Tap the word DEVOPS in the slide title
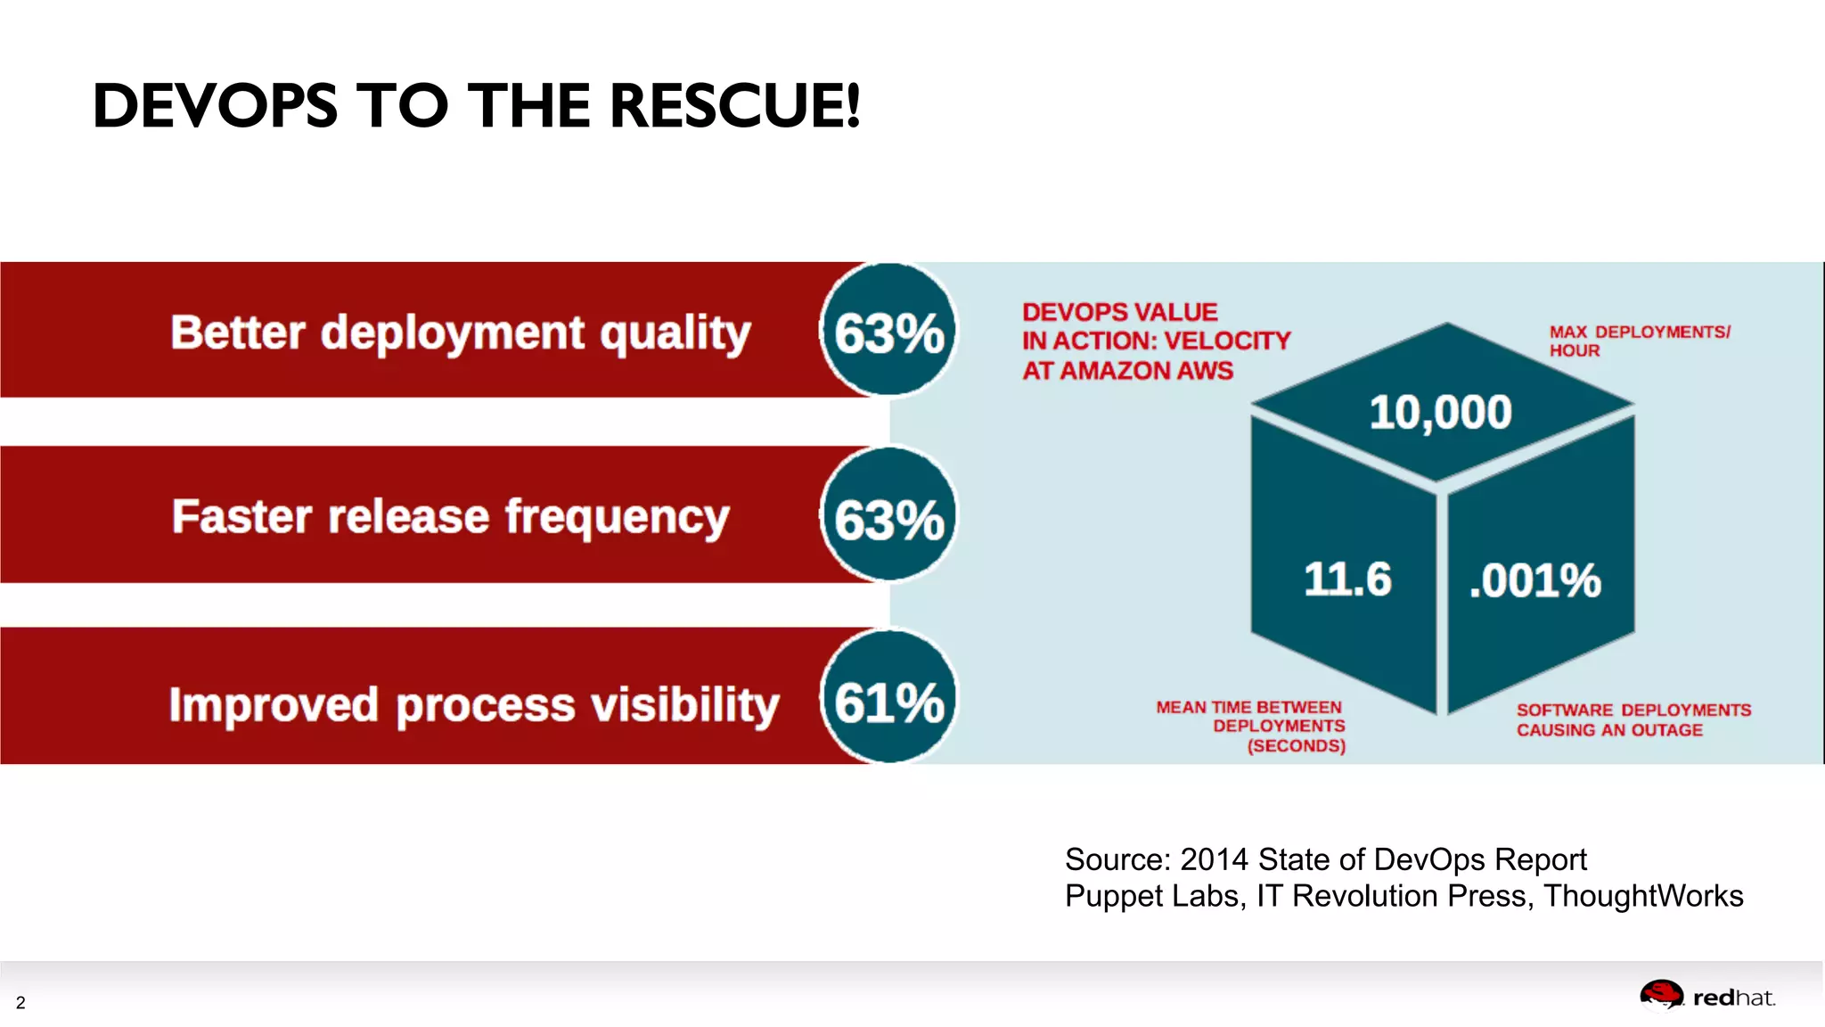coord(215,106)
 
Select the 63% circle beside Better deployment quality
coord(888,332)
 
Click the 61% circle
coord(888,701)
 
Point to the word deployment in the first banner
coord(453,333)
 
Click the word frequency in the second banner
coord(617,518)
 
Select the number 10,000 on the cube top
coord(1440,413)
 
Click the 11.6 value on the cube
coord(1346,579)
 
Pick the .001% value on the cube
coord(1534,581)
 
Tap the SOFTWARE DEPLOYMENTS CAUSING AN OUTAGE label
coord(1633,719)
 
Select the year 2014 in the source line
coord(1214,859)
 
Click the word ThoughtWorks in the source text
coord(1643,896)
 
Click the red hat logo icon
coord(1661,995)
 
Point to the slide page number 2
coord(20,1003)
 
